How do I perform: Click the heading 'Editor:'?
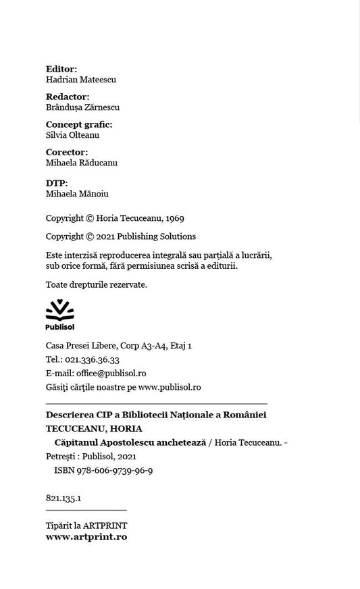click(x=61, y=68)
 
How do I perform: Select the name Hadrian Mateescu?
click(x=81, y=80)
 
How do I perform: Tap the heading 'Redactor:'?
click(x=68, y=97)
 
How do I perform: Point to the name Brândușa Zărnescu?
click(x=82, y=107)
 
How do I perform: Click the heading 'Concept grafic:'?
click(x=79, y=124)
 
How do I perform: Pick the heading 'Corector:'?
click(x=67, y=152)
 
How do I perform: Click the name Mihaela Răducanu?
click(x=82, y=163)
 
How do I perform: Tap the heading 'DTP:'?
click(x=57, y=183)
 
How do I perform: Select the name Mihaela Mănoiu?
click(x=77, y=194)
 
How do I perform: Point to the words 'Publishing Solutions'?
click(x=156, y=236)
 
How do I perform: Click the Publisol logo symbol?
click(x=59, y=309)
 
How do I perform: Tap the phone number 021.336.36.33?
click(x=93, y=360)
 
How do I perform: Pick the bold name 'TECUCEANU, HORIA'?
click(x=94, y=428)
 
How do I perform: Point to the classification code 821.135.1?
click(x=63, y=498)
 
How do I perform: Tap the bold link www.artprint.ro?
click(x=86, y=537)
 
